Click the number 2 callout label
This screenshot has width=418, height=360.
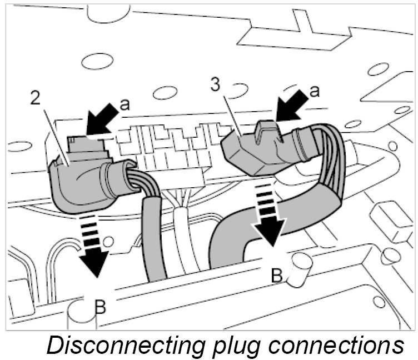pos(36,99)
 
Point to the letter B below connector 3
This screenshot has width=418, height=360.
pos(276,274)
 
